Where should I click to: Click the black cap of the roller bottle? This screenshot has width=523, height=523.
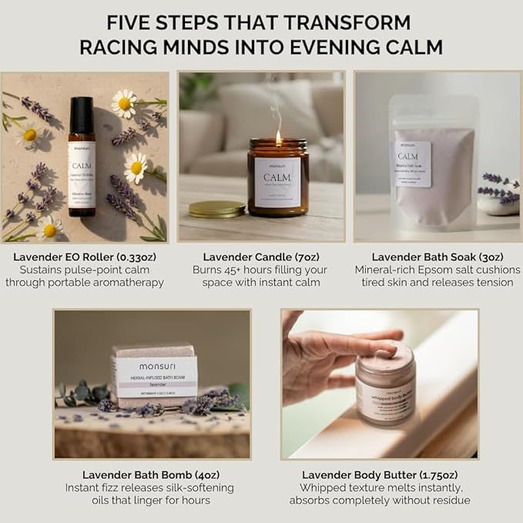[x=81, y=114]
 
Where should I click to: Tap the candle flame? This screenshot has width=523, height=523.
[x=278, y=137]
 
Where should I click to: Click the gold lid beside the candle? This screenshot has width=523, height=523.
[x=216, y=208]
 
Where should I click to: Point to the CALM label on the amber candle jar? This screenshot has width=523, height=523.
[x=278, y=182]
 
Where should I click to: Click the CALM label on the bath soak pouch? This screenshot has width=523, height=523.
[x=412, y=165]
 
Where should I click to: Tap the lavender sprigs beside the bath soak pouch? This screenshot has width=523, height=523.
[x=498, y=186]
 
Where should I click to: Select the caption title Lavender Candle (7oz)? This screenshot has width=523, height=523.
[x=260, y=256]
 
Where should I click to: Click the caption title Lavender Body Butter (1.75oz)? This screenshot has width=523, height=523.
[x=379, y=474]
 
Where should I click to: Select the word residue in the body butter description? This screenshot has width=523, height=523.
[x=450, y=501]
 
